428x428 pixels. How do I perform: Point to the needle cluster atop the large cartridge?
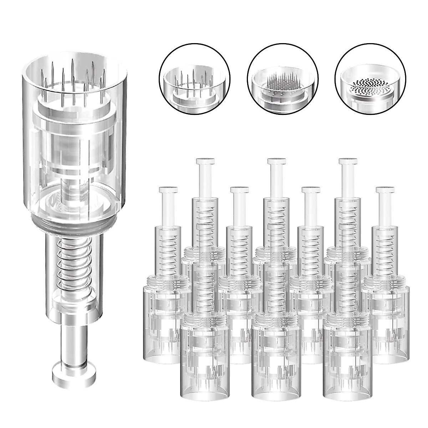coord(73,75)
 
